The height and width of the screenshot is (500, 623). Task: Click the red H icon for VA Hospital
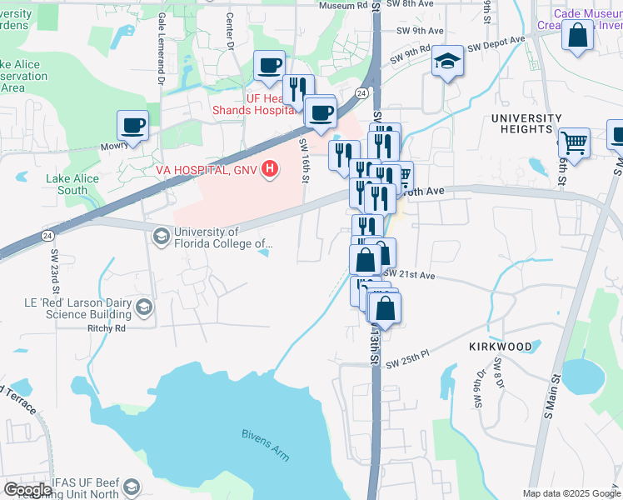(269, 170)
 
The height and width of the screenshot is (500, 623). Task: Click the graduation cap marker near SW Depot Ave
(447, 61)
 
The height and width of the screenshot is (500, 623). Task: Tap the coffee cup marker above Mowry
(132, 126)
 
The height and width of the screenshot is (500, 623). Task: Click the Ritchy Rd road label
(106, 328)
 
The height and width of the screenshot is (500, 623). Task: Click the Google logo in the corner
(27, 490)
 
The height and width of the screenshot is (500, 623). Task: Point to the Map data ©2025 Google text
(571, 493)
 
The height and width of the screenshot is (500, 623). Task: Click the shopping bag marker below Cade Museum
(577, 36)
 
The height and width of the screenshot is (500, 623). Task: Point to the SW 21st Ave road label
(409, 274)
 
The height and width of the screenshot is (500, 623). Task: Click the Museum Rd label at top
(342, 6)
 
